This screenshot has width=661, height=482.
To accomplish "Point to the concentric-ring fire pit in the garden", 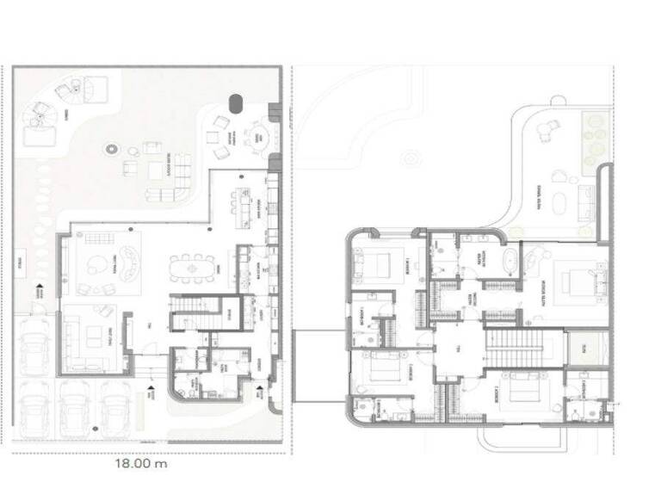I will [x=111, y=150].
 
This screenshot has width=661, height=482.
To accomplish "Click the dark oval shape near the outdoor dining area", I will [x=236, y=104].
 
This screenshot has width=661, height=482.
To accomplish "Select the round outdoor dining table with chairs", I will [x=258, y=135].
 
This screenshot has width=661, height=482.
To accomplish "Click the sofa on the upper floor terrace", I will [x=588, y=202].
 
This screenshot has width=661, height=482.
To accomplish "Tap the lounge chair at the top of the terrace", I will [x=547, y=128].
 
